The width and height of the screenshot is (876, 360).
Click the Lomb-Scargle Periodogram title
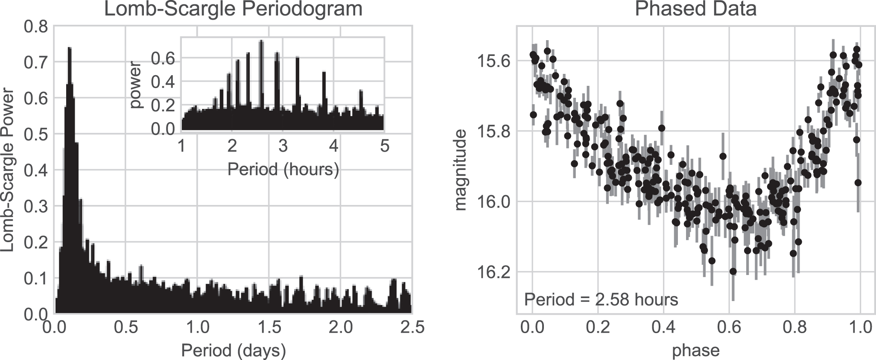click(x=233, y=9)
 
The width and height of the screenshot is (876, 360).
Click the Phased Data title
click(x=695, y=9)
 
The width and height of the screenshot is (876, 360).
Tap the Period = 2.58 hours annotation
click(x=601, y=300)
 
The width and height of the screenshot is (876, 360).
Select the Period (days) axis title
click(x=233, y=351)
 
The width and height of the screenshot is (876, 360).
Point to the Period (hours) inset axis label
click(x=283, y=170)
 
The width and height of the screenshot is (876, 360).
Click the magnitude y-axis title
click(x=461, y=170)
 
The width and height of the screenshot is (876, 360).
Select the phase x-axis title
click(x=695, y=351)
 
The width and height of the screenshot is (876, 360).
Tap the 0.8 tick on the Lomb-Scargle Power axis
click(x=36, y=26)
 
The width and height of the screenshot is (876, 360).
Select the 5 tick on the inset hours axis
click(x=384, y=146)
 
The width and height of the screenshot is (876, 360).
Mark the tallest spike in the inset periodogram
click(x=261, y=41)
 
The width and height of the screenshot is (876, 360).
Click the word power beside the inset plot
click(x=138, y=85)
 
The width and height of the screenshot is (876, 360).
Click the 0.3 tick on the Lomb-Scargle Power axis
click(x=36, y=207)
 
